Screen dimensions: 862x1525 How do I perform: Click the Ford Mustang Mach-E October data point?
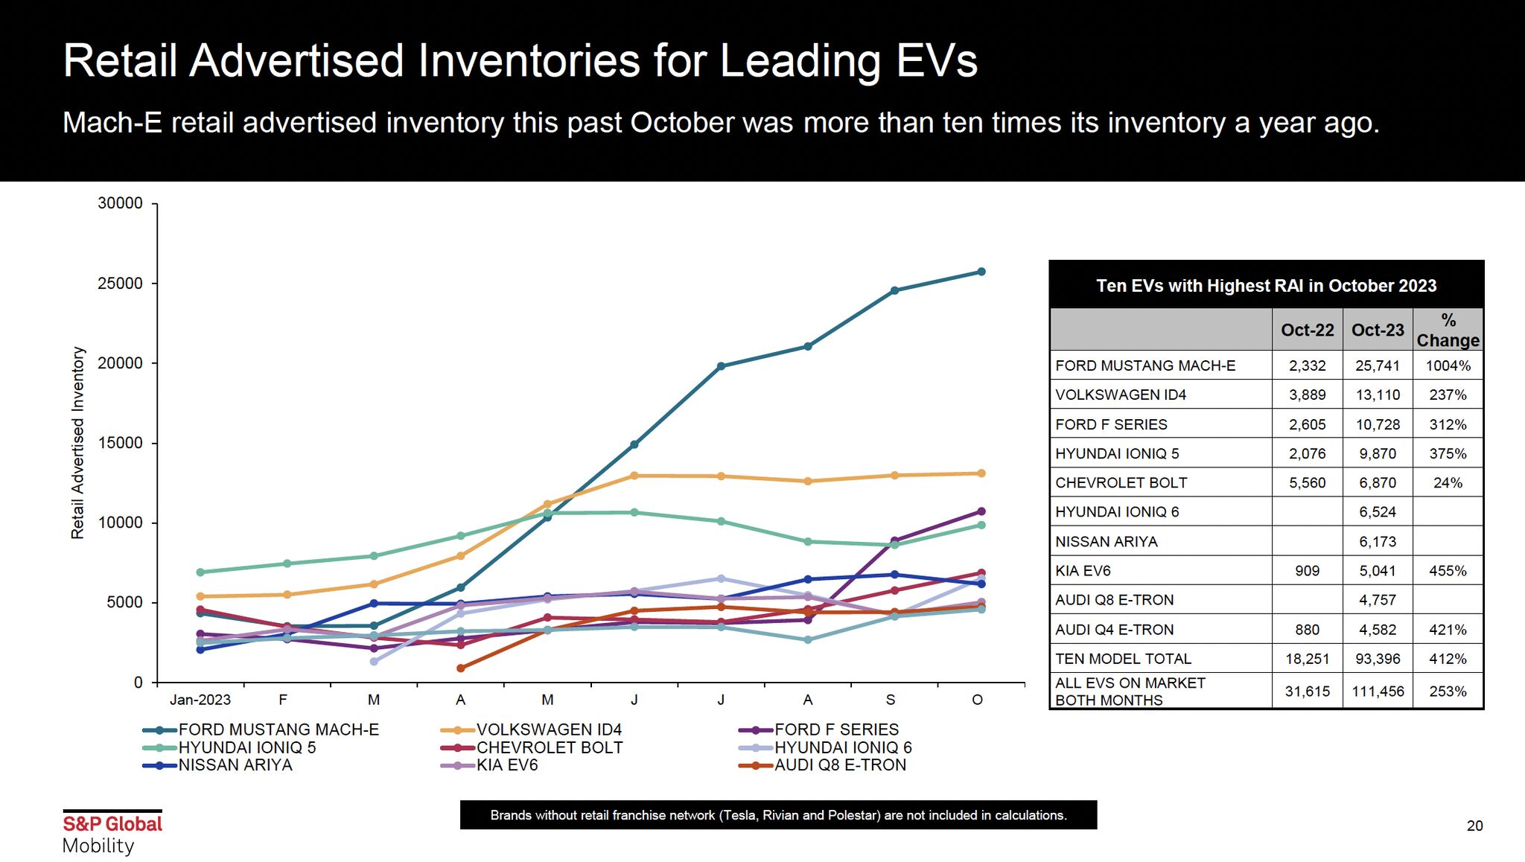[981, 272]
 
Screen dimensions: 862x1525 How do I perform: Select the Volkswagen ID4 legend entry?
[548, 729]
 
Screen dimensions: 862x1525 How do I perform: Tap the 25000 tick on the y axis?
[120, 284]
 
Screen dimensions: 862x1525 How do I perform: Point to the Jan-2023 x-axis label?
[200, 700]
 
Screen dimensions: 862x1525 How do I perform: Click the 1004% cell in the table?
[1448, 365]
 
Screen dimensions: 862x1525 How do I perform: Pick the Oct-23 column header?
[1378, 330]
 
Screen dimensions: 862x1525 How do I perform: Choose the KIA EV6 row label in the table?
[1083, 571]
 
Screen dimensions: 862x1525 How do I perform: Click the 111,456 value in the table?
[1378, 692]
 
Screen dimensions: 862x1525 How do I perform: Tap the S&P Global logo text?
[112, 824]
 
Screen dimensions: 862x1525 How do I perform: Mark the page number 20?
[1474, 826]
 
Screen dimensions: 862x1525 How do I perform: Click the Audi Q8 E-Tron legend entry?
[840, 765]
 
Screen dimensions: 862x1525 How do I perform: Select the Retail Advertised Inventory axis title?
[77, 443]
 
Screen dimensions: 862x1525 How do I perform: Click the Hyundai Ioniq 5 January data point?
[200, 572]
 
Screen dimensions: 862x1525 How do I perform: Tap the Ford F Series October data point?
[981, 511]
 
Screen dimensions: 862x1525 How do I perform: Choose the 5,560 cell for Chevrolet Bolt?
[1307, 482]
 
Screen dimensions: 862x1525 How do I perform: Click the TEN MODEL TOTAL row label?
[1123, 659]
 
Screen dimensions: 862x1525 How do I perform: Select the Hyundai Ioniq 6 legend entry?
[842, 747]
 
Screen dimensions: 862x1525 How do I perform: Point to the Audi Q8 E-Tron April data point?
[461, 668]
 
